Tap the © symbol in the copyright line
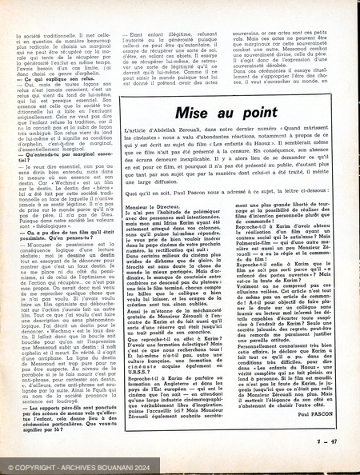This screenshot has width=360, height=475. [10, 468]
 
